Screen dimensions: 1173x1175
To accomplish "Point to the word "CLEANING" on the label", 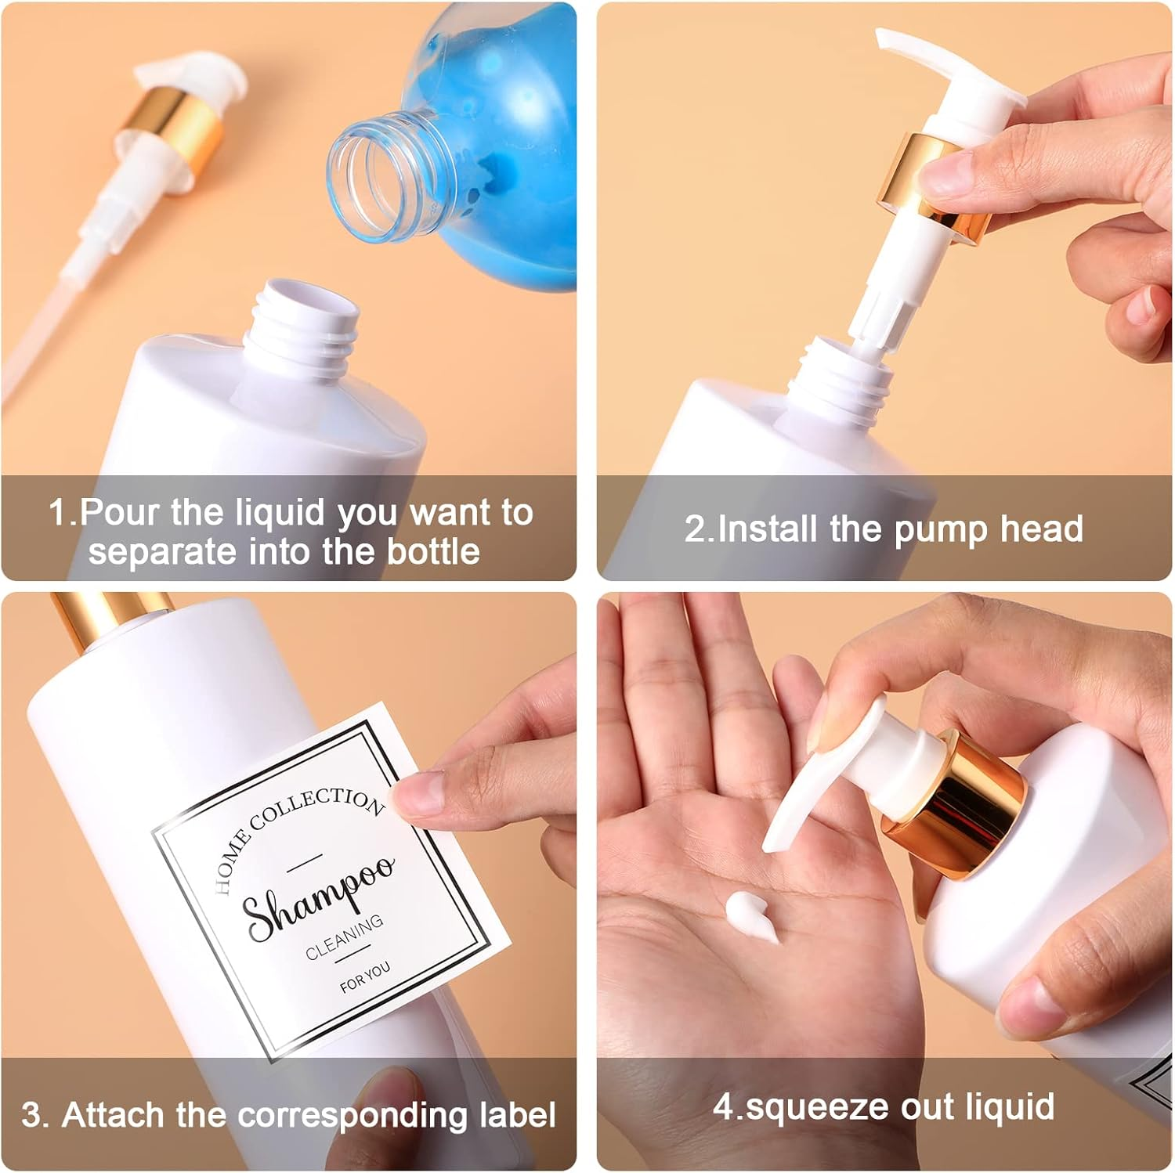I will tap(345, 937).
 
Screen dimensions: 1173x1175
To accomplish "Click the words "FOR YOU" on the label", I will tap(365, 976).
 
